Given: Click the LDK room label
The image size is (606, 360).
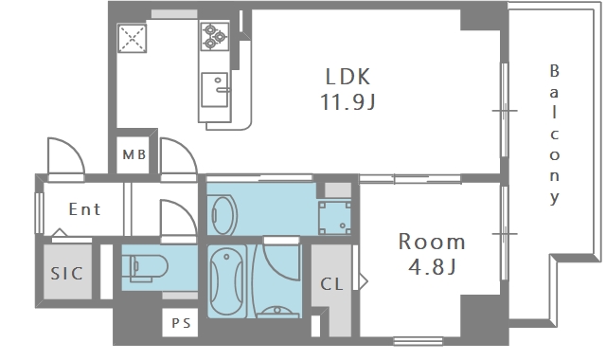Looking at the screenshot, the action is click(348, 77).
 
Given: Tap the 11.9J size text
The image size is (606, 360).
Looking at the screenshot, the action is click(348, 102).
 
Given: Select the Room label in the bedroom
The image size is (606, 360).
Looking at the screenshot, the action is click(432, 242).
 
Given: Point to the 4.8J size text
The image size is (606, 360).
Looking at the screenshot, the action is click(432, 266).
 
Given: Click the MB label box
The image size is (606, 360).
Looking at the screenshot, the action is click(134, 154).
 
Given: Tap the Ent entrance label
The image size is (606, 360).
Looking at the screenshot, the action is click(84, 209).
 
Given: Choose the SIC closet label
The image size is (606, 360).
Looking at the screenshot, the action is click(67, 274).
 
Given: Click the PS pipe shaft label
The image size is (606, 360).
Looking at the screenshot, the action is click(181, 323).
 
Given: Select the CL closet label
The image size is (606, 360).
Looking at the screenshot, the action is click(331, 284).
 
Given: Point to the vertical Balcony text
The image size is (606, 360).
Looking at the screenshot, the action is click(555, 135).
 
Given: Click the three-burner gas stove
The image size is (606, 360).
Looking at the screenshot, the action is click(215, 36).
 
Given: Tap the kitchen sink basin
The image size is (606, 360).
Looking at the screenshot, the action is click(215, 90).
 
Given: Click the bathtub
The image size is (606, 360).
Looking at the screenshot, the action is click(227, 281).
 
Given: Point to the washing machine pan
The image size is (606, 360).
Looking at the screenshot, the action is click(334, 217).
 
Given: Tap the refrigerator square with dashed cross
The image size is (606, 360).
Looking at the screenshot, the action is click(132, 38).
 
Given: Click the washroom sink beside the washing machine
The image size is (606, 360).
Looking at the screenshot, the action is click(223, 215).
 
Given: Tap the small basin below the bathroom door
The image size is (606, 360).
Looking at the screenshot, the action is click(277, 312).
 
